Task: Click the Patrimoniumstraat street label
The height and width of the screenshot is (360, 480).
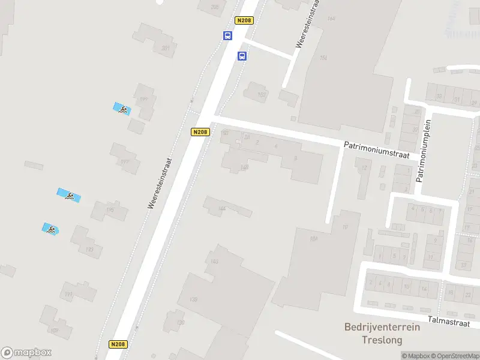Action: coord(376,149)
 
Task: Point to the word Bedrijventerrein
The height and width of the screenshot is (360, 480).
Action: coord(382,328)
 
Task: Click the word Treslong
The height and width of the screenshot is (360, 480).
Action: coord(382,340)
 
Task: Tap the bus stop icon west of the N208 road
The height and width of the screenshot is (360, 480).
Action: coord(228,35)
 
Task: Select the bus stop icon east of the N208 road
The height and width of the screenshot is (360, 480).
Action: coord(242,56)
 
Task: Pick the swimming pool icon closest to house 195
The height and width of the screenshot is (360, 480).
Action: coord(69,196)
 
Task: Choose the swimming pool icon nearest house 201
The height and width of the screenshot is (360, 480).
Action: coord(122,109)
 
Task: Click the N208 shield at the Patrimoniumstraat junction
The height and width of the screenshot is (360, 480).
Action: coord(200,132)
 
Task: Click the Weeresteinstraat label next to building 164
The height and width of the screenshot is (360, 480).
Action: coord(307,24)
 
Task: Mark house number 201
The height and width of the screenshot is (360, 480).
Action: coord(165,48)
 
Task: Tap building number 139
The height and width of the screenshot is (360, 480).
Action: coord(193,299)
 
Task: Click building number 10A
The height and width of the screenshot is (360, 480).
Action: coord(313,238)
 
